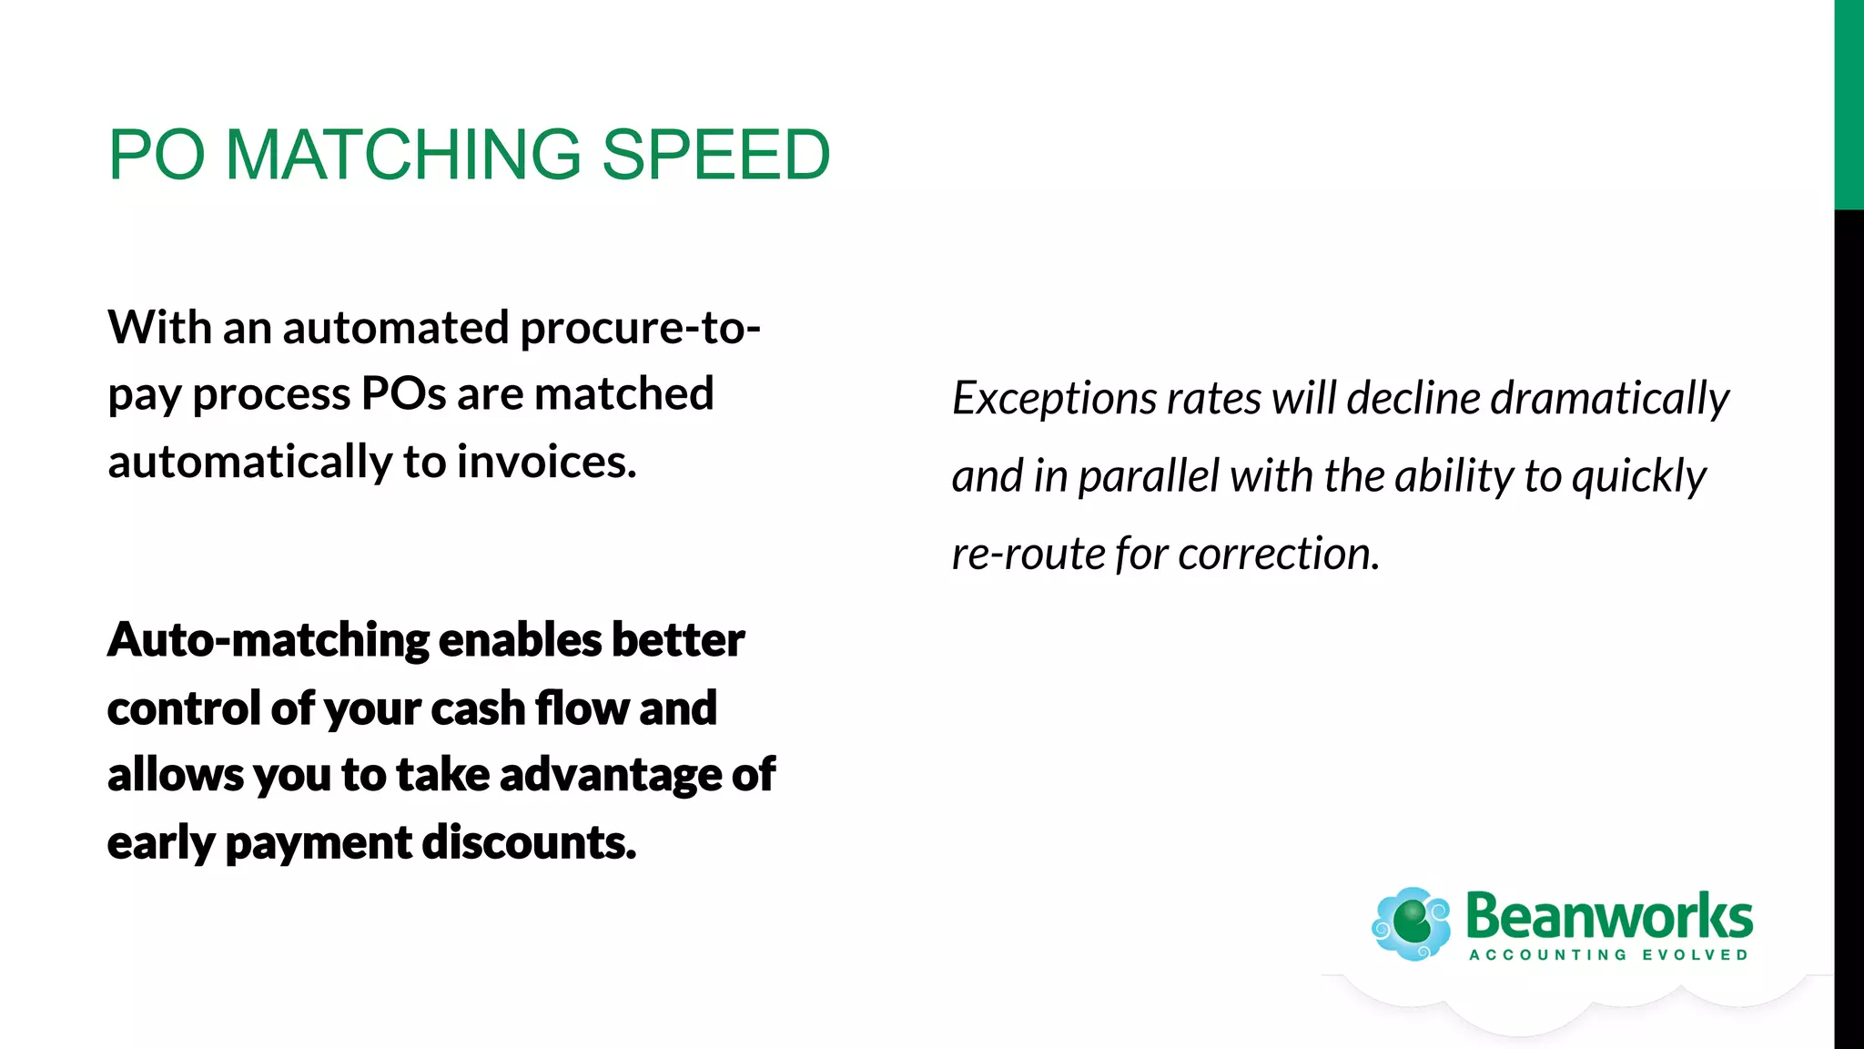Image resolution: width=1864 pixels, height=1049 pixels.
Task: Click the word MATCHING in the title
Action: click(x=402, y=155)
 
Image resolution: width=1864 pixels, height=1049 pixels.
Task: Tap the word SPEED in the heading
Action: click(x=715, y=155)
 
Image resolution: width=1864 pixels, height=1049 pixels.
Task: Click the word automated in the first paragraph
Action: click(x=395, y=328)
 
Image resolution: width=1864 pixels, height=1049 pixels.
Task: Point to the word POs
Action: click(x=403, y=395)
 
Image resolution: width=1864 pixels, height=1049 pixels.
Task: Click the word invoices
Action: click(x=546, y=463)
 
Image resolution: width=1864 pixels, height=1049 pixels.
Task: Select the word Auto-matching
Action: click(x=268, y=640)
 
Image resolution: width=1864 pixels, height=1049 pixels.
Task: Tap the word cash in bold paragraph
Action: click(x=478, y=708)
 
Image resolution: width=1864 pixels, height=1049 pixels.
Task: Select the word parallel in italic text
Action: click(x=1149, y=477)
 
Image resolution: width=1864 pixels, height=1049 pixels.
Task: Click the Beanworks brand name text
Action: click(x=1608, y=917)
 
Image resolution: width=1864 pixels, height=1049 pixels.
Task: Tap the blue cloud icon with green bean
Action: click(x=1411, y=924)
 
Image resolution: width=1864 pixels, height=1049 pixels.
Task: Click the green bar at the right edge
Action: click(x=1849, y=105)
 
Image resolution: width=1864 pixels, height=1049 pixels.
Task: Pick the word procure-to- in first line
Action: click(x=640, y=328)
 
